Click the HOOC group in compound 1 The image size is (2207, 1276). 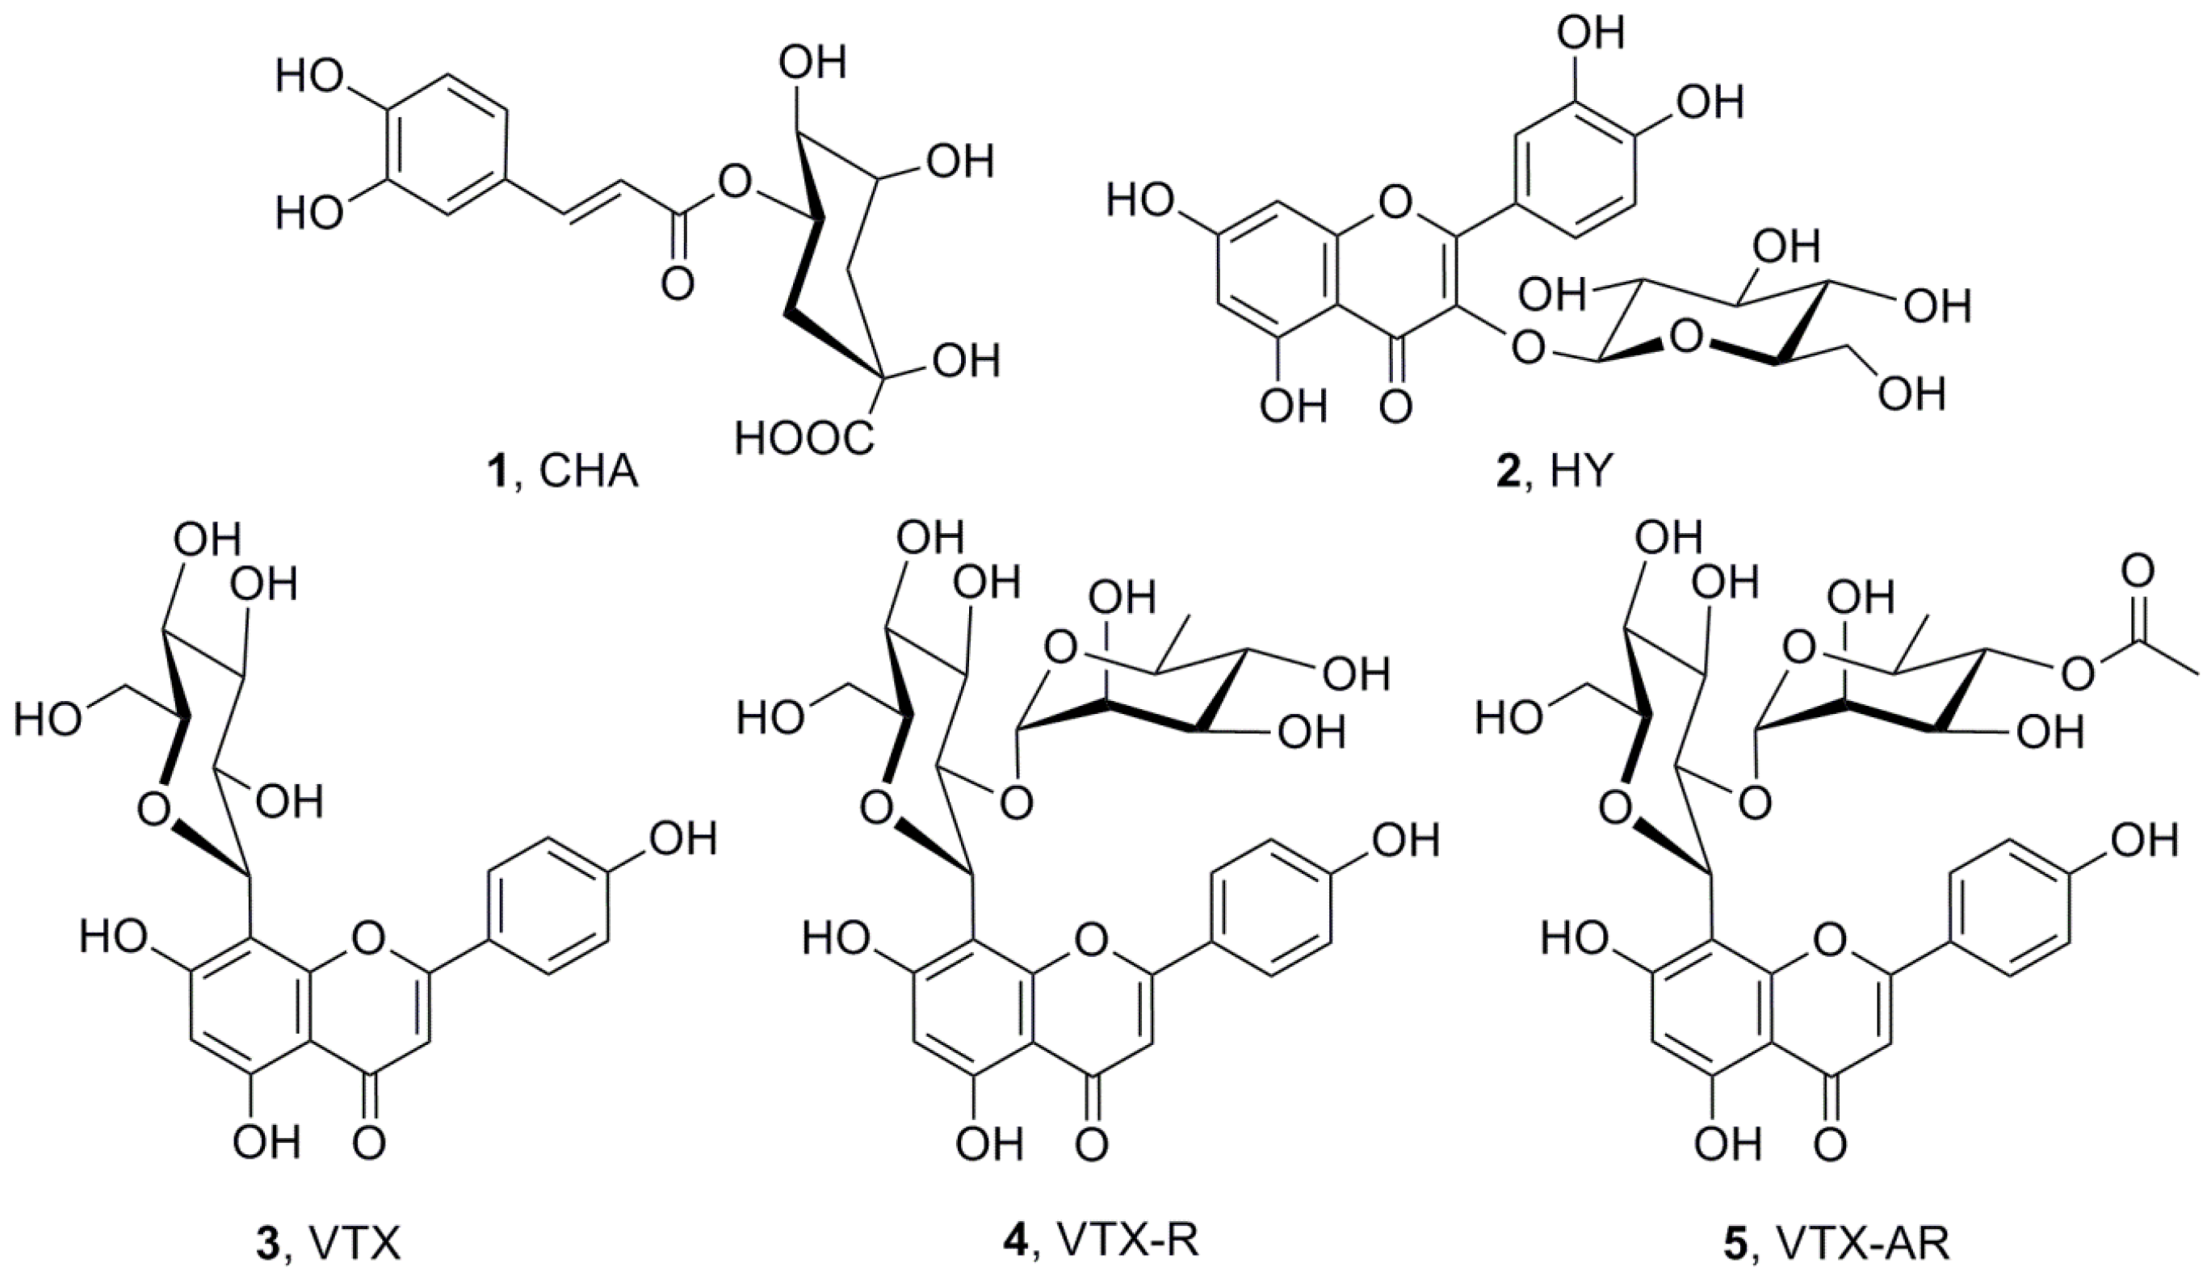(x=805, y=438)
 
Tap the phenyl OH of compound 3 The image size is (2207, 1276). (x=681, y=840)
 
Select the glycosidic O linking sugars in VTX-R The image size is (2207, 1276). (x=1015, y=802)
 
